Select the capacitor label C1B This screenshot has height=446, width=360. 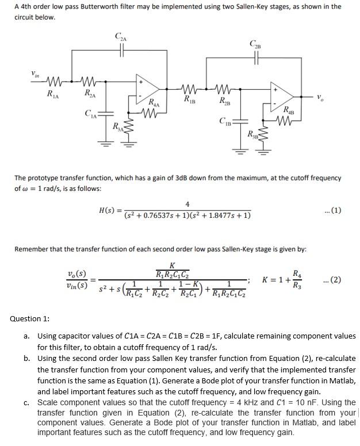pos(225,121)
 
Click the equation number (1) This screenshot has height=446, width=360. pos(331,210)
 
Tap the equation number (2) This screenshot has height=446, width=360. pos(332,280)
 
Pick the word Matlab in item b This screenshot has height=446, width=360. pos(342,381)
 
